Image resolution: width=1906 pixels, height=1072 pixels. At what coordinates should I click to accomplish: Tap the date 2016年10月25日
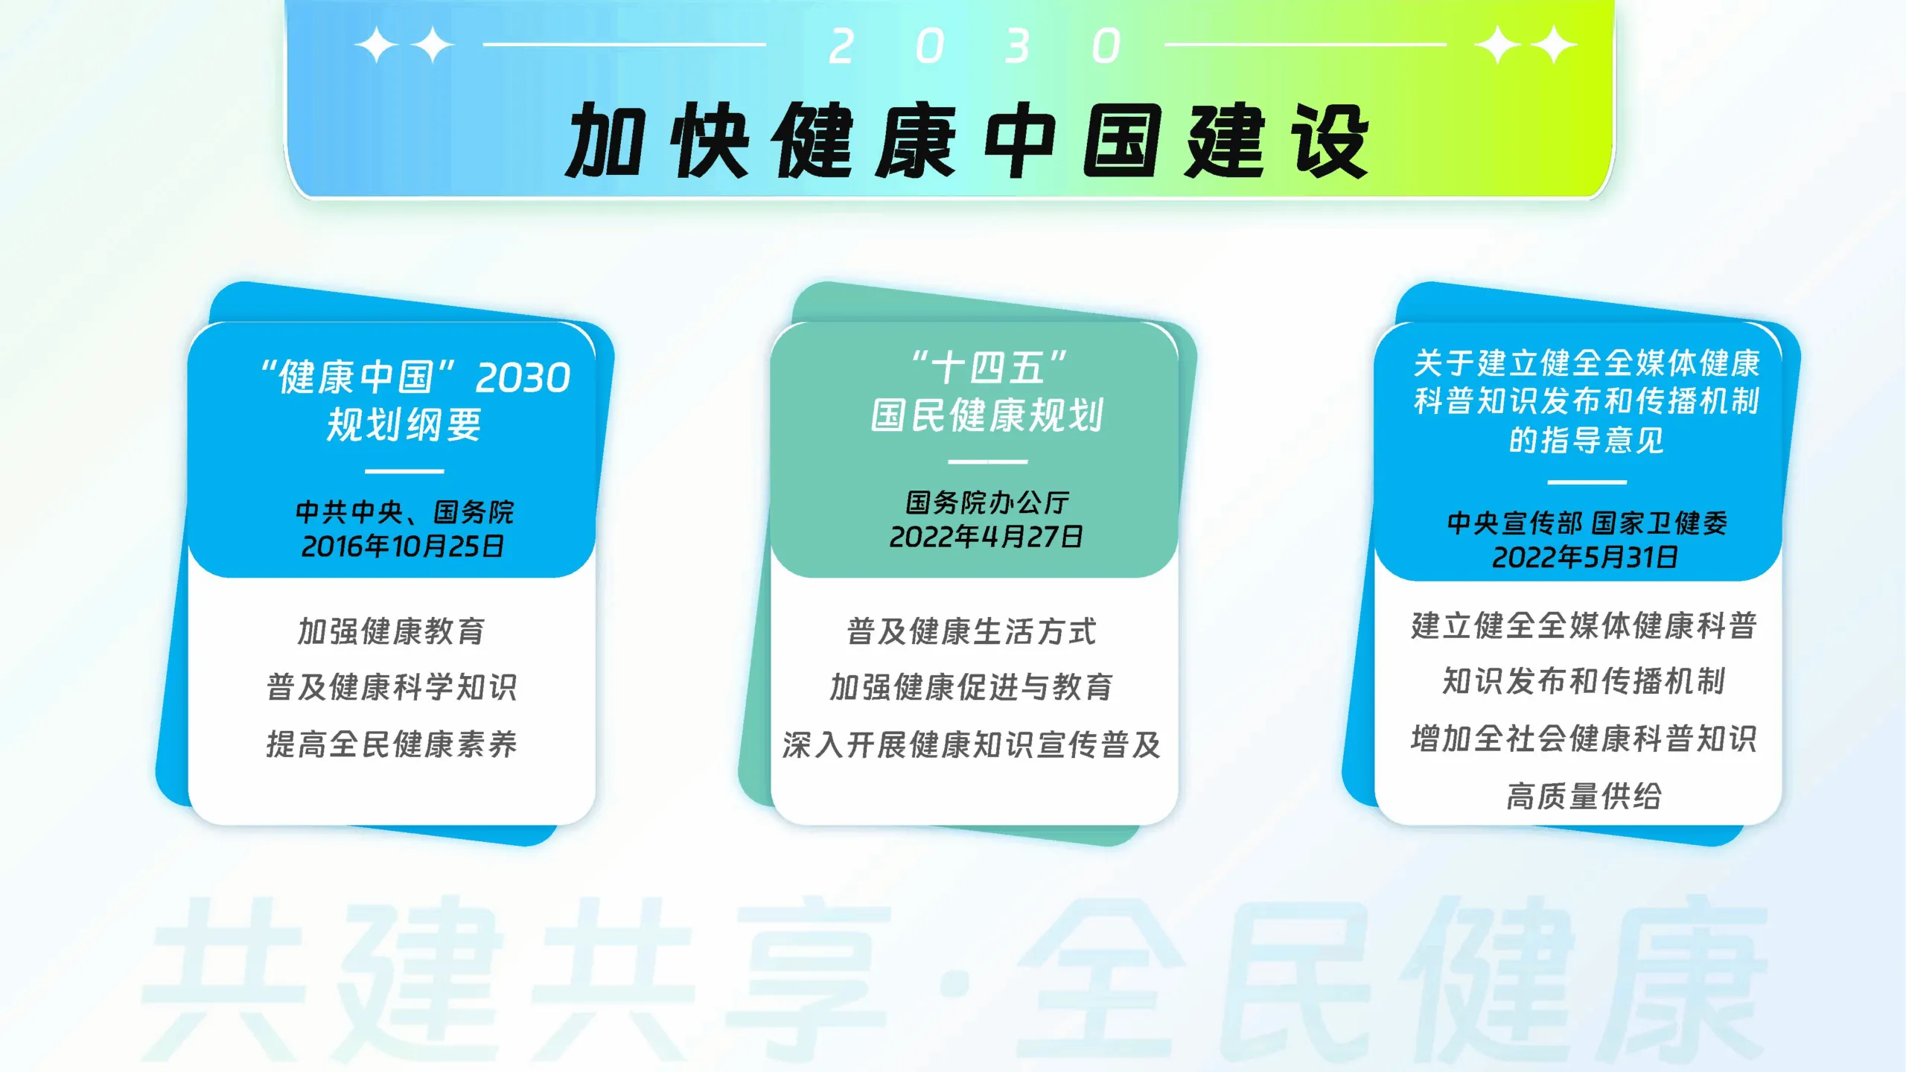pyautogui.click(x=403, y=547)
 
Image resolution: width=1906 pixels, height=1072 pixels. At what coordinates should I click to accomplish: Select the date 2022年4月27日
pyautogui.click(x=987, y=537)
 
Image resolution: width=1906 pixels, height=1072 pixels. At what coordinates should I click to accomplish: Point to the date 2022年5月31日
pyautogui.click(x=1585, y=558)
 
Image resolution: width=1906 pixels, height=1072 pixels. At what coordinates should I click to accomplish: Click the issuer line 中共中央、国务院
pyautogui.click(x=404, y=512)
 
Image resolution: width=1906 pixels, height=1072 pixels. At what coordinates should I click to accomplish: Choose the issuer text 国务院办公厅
pyautogui.click(x=987, y=503)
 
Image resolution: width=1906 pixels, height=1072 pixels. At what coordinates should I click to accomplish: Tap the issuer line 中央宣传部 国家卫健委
pyautogui.click(x=1587, y=523)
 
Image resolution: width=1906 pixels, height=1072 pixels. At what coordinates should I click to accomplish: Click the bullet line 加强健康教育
pyautogui.click(x=392, y=631)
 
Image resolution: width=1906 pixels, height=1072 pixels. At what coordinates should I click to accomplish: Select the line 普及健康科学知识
pyautogui.click(x=392, y=687)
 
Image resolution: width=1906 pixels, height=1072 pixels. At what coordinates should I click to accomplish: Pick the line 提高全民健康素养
pyautogui.click(x=392, y=744)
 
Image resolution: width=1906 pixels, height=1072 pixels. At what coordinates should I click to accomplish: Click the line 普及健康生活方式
pyautogui.click(x=972, y=632)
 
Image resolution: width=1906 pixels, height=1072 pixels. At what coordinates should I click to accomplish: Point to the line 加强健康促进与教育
pyautogui.click(x=972, y=687)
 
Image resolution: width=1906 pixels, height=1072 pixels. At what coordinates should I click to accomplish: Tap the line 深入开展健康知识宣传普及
pyautogui.click(x=972, y=744)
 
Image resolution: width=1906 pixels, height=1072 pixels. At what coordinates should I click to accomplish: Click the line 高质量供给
pyautogui.click(x=1584, y=797)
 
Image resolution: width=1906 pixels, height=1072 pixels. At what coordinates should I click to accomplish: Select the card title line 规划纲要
pyautogui.click(x=404, y=425)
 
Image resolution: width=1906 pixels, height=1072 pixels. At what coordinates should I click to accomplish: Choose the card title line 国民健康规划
pyautogui.click(x=987, y=415)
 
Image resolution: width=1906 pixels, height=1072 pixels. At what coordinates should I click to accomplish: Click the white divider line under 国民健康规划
pyautogui.click(x=987, y=462)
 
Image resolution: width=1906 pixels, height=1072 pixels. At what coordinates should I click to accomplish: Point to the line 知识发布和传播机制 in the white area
pyautogui.click(x=1584, y=681)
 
